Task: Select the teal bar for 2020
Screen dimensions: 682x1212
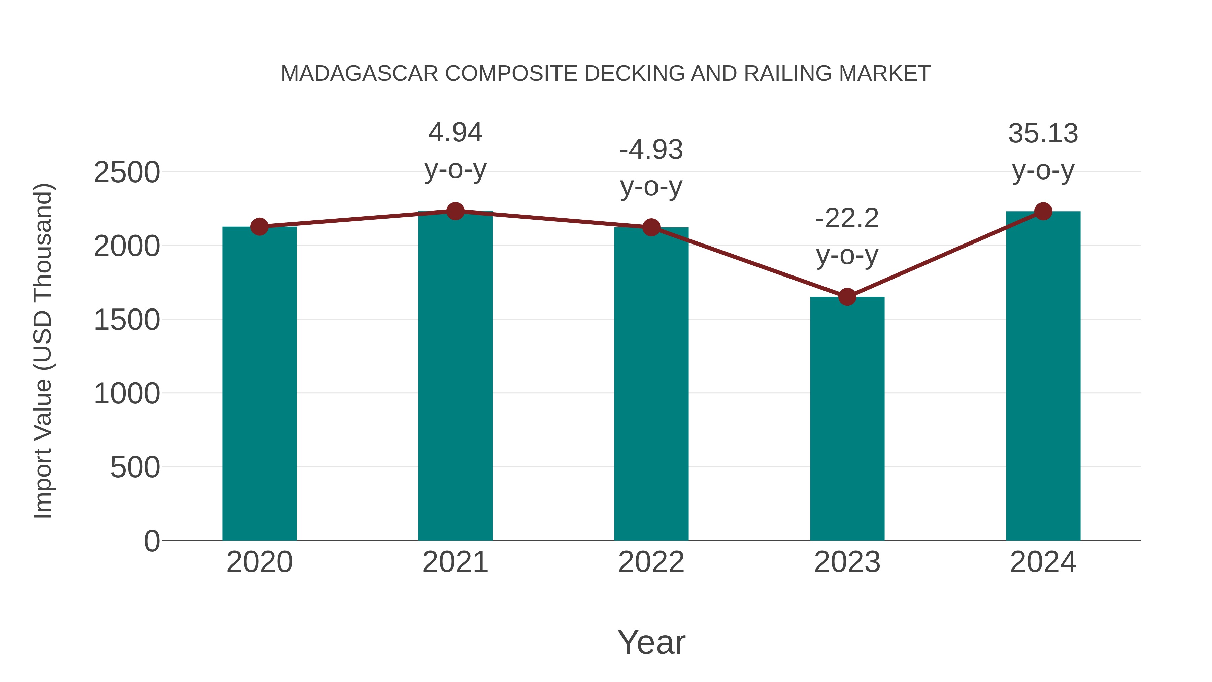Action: [x=259, y=384]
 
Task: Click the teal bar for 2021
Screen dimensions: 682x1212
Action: [x=455, y=377]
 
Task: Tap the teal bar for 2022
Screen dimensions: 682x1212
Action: [x=651, y=384]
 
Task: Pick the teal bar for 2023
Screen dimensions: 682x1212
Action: [x=847, y=419]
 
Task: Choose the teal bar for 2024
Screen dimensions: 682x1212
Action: [x=1043, y=377]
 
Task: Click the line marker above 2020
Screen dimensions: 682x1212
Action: [x=259, y=227]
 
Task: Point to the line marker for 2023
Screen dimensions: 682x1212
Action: [x=847, y=297]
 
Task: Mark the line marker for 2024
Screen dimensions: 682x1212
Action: [x=1043, y=211]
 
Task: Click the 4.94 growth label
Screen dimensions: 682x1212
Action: [x=455, y=133]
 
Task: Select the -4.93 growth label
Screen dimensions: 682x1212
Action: [x=651, y=150]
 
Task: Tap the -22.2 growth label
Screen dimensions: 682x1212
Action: [x=847, y=219]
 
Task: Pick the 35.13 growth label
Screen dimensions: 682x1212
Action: [x=1043, y=134]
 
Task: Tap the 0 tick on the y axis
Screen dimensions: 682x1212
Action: [x=152, y=541]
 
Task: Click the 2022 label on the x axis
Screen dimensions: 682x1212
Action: [x=651, y=562]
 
